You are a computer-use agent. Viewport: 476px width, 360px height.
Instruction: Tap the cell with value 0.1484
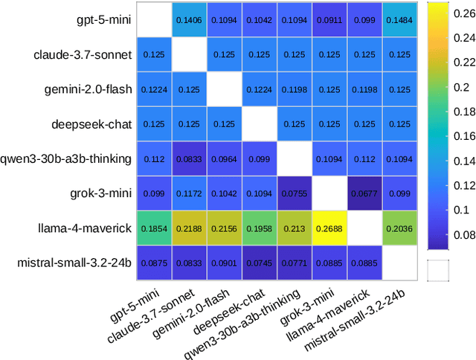399,19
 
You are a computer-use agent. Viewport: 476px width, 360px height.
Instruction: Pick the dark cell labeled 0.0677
364,193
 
